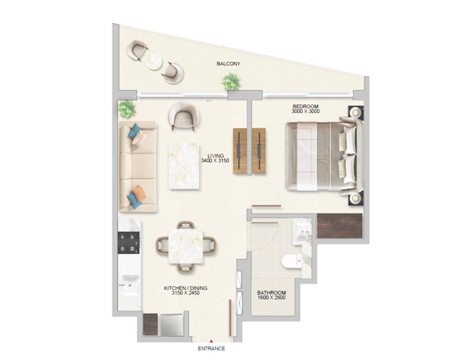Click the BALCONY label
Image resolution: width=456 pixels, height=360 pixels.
point(228,63)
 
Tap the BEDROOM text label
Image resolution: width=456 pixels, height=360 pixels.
point(305,106)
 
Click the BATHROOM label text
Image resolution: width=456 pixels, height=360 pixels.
point(271,292)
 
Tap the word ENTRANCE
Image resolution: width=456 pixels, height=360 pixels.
point(211,348)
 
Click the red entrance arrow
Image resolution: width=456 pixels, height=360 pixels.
point(211,339)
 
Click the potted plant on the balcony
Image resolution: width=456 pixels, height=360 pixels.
point(231,80)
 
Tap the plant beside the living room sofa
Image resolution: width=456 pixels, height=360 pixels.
point(126,109)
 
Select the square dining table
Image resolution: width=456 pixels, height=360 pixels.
point(183,242)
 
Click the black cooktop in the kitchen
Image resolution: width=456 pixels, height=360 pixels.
point(128,242)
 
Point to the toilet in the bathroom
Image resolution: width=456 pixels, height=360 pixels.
point(291,260)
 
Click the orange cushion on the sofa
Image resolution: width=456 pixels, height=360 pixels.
point(139,191)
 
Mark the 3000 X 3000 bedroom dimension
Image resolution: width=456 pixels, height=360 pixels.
point(305,112)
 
